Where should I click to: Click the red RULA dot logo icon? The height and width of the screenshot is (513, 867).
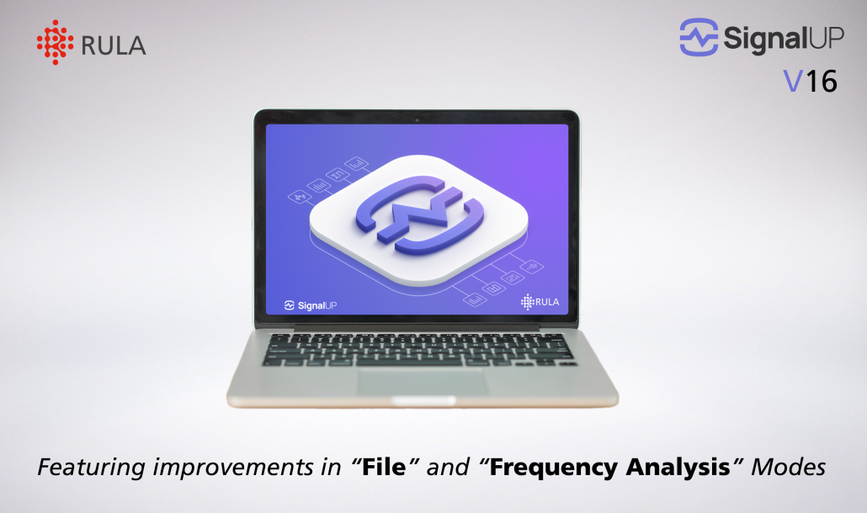(56, 43)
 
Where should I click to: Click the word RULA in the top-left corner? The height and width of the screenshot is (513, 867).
(114, 45)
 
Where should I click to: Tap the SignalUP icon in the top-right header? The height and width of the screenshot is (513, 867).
(699, 38)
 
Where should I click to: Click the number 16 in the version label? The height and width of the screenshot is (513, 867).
(821, 81)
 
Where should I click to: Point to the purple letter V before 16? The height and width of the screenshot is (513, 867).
(791, 81)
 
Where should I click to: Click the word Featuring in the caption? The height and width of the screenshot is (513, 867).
(85, 467)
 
